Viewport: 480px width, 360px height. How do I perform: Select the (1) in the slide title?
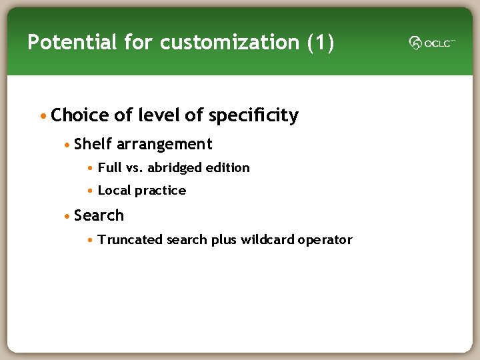(x=320, y=43)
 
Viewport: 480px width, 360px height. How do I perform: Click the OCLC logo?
(x=432, y=43)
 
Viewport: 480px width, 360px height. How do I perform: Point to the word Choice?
(x=79, y=115)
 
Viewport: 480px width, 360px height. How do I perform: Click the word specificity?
(x=253, y=115)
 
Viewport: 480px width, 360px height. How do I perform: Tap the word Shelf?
(x=93, y=144)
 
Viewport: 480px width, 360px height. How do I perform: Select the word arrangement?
(x=164, y=144)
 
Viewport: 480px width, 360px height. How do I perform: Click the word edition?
(x=228, y=168)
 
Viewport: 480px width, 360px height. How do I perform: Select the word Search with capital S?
(x=99, y=215)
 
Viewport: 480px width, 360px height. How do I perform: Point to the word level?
(x=159, y=115)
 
